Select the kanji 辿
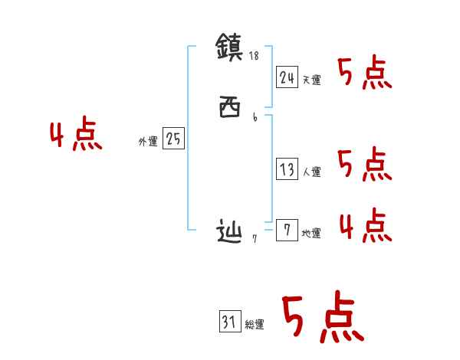tap(230, 231)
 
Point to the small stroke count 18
tap(255, 56)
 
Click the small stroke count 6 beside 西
tap(255, 117)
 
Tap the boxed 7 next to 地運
tap(287, 231)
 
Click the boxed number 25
tap(173, 139)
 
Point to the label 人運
tap(311, 172)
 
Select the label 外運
tap(148, 142)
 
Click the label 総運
tap(255, 326)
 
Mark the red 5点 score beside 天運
tap(364, 74)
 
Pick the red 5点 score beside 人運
tap(364, 165)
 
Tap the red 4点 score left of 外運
tap(76, 136)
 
